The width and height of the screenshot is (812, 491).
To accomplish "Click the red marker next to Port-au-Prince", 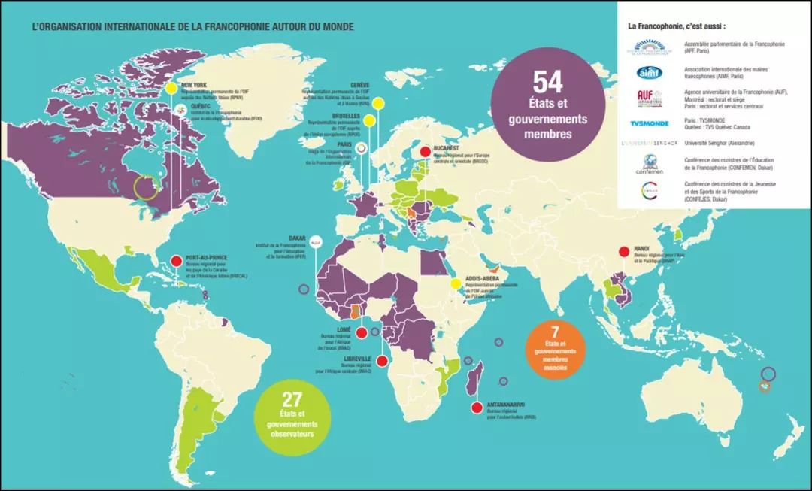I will click(176, 262).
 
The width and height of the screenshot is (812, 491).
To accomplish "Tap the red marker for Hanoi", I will click(623, 253).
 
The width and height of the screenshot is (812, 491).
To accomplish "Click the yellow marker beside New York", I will click(171, 88).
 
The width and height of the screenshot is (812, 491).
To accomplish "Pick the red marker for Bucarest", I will click(425, 152).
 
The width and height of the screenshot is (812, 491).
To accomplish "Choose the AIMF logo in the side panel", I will click(644, 72).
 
